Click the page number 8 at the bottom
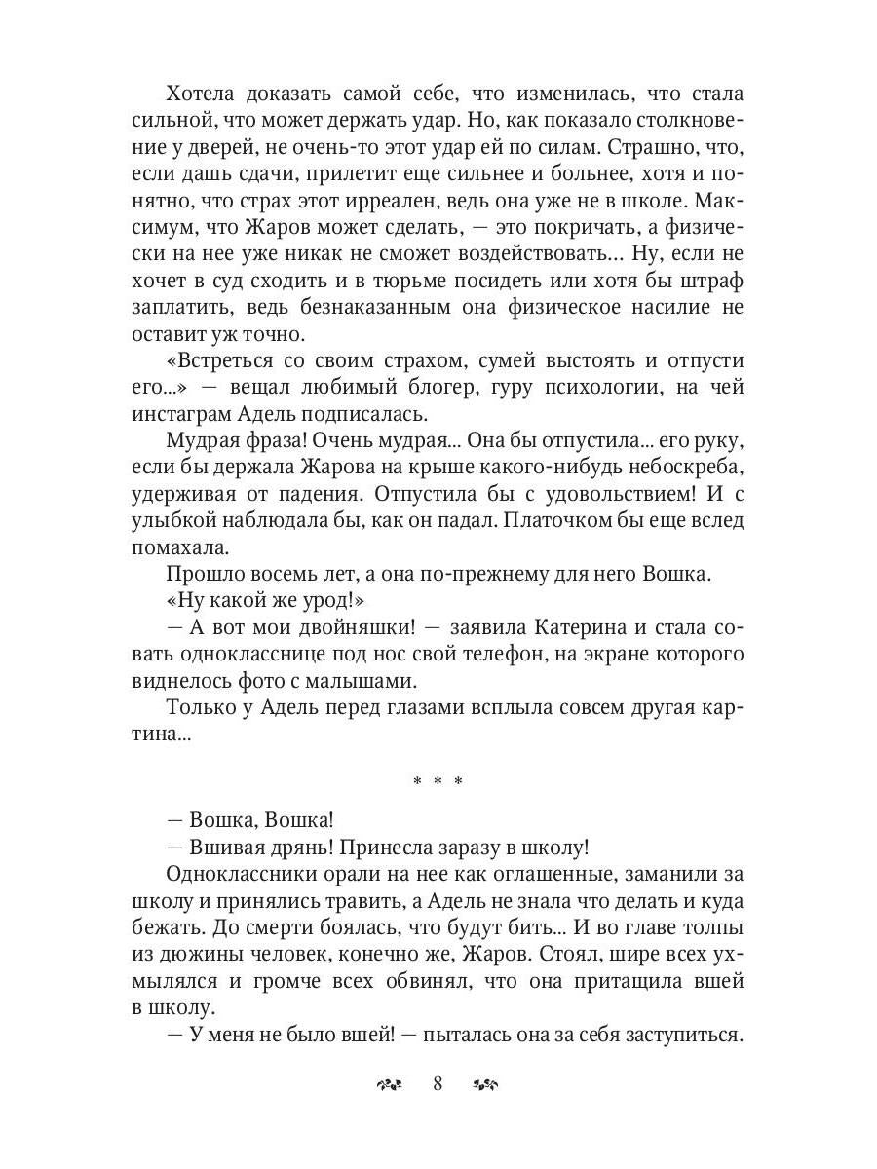pyautogui.click(x=438, y=1084)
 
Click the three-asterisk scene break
pyautogui.click(x=438, y=782)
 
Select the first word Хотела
pyautogui.click(x=208, y=94)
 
